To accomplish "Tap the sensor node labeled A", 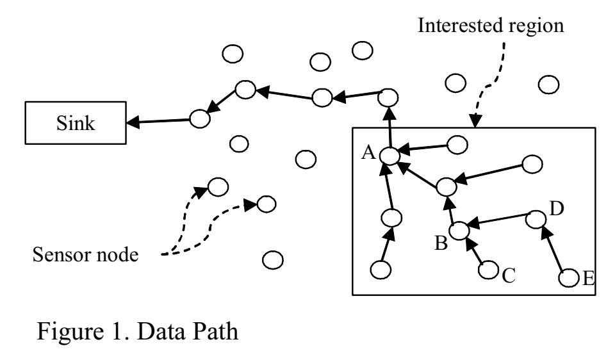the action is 388,155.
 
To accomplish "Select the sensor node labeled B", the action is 458,230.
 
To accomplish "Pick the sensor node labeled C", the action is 489,270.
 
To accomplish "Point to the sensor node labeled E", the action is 568,278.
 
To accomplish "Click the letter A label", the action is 368,152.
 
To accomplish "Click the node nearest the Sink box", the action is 199,118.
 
